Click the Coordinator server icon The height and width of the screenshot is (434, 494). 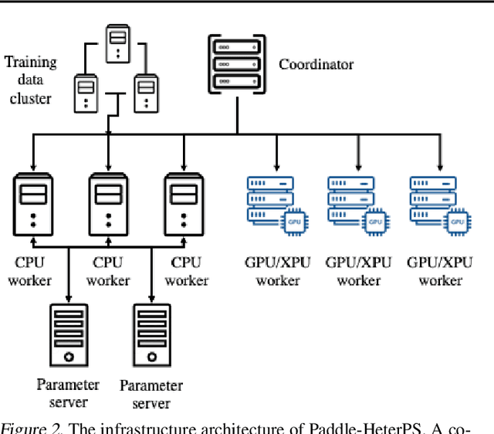click(x=236, y=63)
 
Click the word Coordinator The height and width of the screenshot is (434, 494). click(x=316, y=64)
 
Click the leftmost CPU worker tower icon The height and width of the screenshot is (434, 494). click(x=32, y=204)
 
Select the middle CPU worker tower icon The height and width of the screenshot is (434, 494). click(x=107, y=204)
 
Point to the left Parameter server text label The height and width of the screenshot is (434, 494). click(x=68, y=393)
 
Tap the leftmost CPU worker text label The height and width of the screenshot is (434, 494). click(x=32, y=271)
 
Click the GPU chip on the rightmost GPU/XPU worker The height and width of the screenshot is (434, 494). click(x=456, y=222)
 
